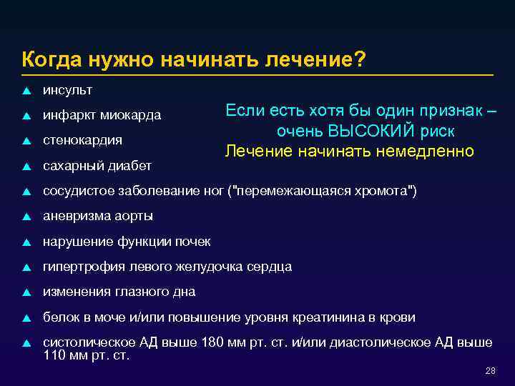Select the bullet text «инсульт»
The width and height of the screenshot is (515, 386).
(67, 90)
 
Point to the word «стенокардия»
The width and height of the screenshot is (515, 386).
(82, 139)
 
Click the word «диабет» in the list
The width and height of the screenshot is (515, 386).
(129, 166)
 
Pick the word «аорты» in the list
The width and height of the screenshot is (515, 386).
(134, 216)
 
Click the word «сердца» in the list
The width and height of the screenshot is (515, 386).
(269, 267)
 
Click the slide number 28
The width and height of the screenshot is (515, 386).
(490, 370)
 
